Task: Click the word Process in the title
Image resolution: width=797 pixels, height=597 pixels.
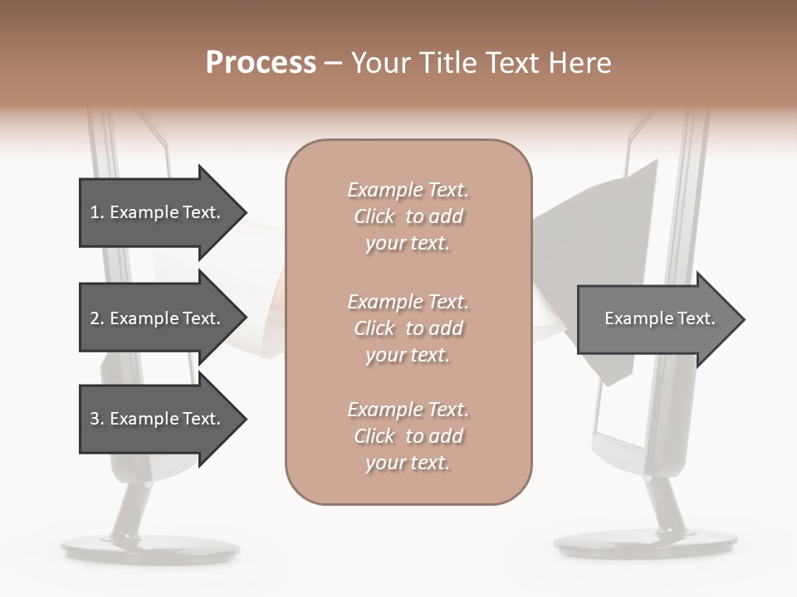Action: (x=261, y=63)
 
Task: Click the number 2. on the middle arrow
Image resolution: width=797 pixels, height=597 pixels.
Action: (x=96, y=318)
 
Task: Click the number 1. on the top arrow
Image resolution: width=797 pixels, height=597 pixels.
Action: (x=96, y=212)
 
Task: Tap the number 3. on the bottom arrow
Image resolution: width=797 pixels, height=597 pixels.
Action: (x=96, y=419)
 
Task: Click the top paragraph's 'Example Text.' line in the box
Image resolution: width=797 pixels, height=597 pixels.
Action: (x=408, y=190)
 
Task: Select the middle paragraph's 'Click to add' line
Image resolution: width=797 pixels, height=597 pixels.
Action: (x=408, y=328)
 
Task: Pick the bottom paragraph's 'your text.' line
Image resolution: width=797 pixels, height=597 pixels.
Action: (x=408, y=463)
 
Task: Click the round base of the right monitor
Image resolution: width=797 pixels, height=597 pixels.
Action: (x=645, y=543)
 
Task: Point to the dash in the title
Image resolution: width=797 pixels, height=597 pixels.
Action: (x=334, y=64)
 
